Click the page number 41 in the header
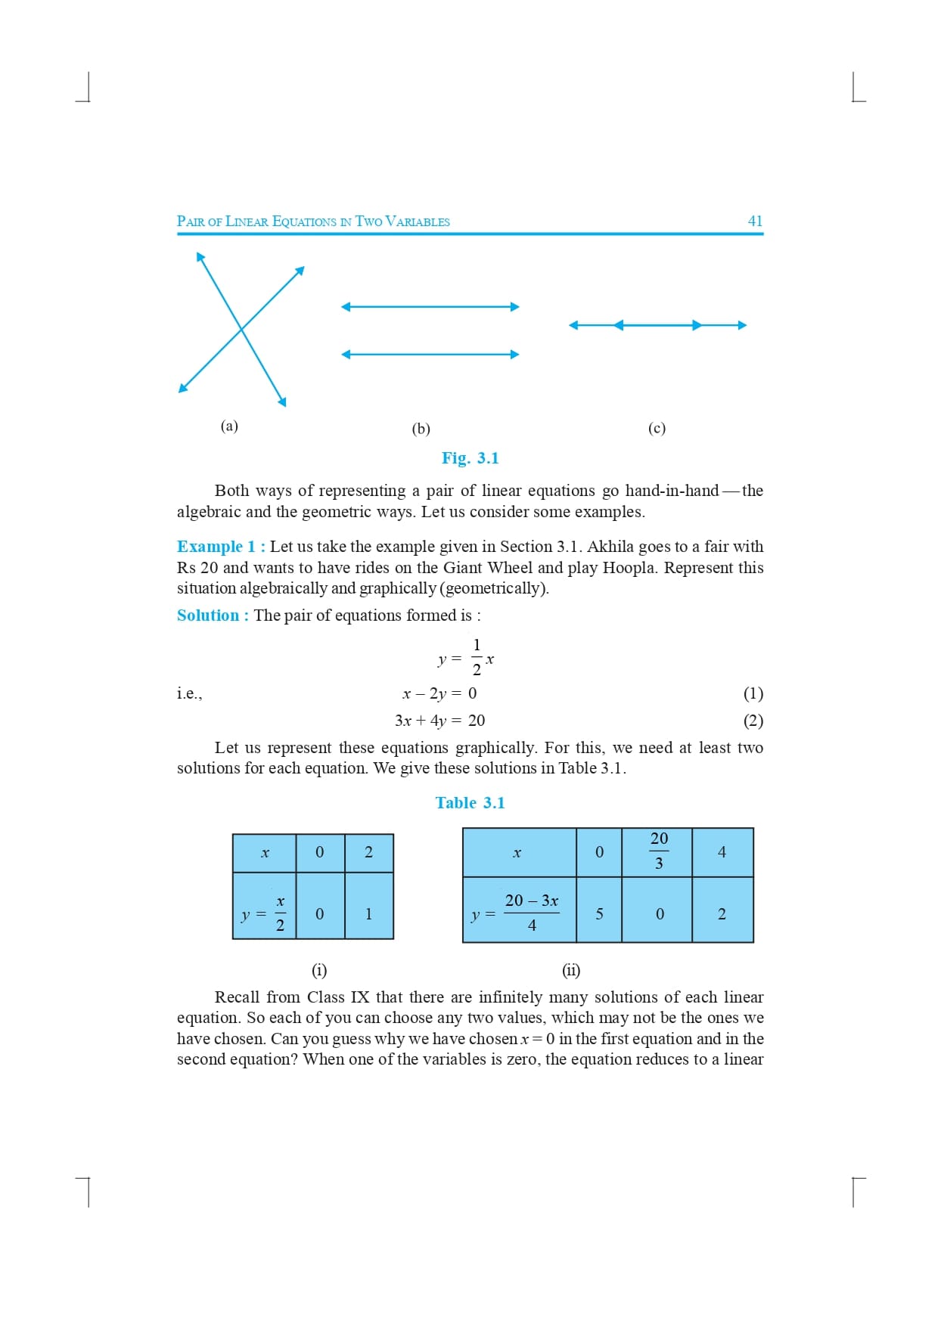(x=755, y=221)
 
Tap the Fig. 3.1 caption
(x=470, y=458)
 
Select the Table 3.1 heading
(x=470, y=803)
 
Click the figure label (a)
(x=229, y=426)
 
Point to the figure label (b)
(x=421, y=429)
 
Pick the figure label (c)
(x=657, y=428)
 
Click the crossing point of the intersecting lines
(x=241, y=329)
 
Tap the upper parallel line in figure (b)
(x=430, y=306)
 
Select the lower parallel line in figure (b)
(x=430, y=354)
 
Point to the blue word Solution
(x=208, y=615)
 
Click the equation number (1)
(x=753, y=693)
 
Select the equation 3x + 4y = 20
(x=439, y=721)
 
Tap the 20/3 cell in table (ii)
(x=658, y=851)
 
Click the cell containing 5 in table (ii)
(x=599, y=913)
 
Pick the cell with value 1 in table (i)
(x=368, y=913)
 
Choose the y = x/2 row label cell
(x=264, y=913)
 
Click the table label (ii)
(x=570, y=970)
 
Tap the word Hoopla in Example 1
(x=630, y=568)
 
